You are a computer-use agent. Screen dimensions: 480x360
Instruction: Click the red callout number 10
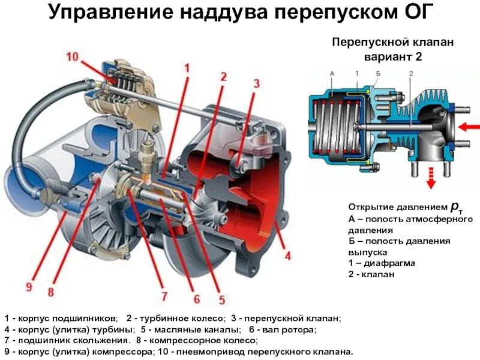(x=73, y=58)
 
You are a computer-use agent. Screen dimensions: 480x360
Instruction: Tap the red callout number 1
(x=186, y=68)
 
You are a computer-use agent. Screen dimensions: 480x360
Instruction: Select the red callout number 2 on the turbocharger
(x=223, y=77)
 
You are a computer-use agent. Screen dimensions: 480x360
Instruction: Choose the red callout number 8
(x=51, y=292)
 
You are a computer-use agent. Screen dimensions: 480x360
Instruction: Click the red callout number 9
(x=28, y=287)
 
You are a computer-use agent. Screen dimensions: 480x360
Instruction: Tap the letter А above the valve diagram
(x=332, y=73)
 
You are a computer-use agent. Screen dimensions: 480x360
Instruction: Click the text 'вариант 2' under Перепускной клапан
(x=393, y=58)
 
